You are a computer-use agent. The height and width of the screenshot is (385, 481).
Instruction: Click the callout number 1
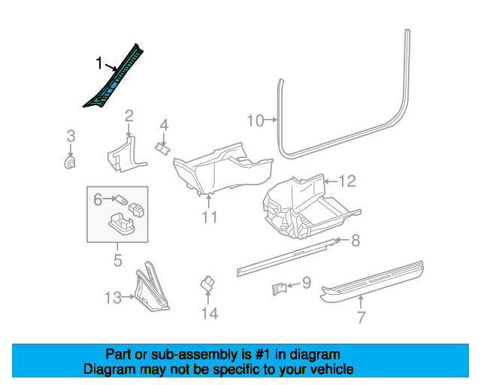pyautogui.click(x=98, y=63)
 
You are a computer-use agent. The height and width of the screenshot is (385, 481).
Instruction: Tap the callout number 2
pyautogui.click(x=129, y=117)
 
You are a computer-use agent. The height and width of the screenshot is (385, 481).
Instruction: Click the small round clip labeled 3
pyautogui.click(x=70, y=162)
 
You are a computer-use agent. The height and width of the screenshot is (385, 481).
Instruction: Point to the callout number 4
pyautogui.click(x=164, y=126)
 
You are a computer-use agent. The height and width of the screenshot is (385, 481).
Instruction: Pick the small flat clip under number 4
pyautogui.click(x=163, y=149)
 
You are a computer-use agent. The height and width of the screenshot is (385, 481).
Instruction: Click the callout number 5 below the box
pyautogui.click(x=118, y=260)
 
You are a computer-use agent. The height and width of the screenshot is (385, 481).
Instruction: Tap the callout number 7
pyautogui.click(x=361, y=317)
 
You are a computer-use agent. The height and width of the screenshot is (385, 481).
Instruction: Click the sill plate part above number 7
pyautogui.click(x=372, y=282)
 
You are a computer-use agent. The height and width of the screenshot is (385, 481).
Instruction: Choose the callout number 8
pyautogui.click(x=355, y=240)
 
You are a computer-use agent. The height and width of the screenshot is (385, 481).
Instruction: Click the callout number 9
pyautogui.click(x=307, y=283)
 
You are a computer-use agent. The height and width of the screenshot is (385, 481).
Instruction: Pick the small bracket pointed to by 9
pyautogui.click(x=279, y=289)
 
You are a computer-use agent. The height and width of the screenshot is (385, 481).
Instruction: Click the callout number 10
pyautogui.click(x=256, y=120)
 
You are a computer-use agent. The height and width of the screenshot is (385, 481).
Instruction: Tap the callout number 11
pyautogui.click(x=210, y=217)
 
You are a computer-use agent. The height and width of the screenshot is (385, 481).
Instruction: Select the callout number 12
pyautogui.click(x=347, y=181)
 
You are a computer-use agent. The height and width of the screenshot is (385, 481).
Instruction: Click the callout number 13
pyautogui.click(x=113, y=298)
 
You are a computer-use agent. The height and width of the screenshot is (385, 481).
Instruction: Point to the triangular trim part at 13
pyautogui.click(x=150, y=289)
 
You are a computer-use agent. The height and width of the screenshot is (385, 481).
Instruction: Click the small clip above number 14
pyautogui.click(x=207, y=283)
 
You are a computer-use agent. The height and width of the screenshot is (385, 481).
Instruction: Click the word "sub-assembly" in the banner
pyautogui.click(x=194, y=355)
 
